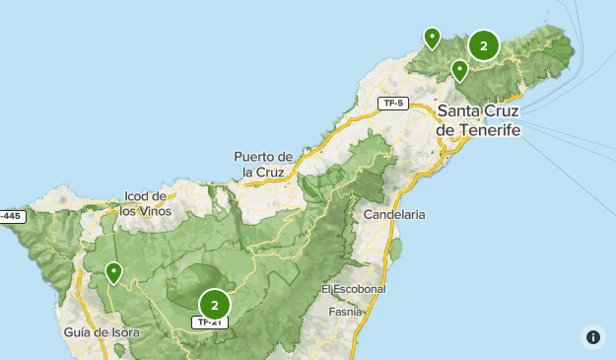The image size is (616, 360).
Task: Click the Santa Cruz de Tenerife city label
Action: click(x=478, y=119)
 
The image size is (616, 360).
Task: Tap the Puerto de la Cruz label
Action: click(x=264, y=164)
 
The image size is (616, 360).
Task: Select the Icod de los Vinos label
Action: click(x=146, y=203)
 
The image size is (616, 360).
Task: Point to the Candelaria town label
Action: click(x=394, y=214)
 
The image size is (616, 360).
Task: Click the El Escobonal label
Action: click(x=353, y=289)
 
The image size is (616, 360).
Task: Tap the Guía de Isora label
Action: click(x=102, y=332)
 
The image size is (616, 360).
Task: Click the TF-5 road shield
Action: click(x=394, y=103)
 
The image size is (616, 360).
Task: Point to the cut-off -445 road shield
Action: click(x=10, y=215)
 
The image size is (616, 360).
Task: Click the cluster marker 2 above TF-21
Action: click(x=215, y=304)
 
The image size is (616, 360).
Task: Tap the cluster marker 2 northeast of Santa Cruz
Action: click(x=483, y=45)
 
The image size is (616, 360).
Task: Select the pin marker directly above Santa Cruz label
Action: click(x=459, y=70)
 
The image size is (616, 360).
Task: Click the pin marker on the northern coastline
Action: click(x=432, y=37)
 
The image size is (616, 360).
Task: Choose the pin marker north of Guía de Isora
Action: click(x=114, y=271)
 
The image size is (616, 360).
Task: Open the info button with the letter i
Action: click(x=592, y=336)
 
